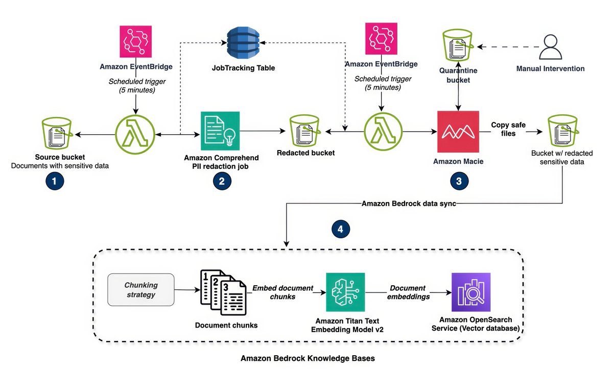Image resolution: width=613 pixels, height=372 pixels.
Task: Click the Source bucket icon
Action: coord(57,133)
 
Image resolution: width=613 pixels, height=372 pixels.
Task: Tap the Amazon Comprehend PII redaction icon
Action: coord(220,131)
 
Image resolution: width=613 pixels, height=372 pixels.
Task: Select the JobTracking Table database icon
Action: coord(243,43)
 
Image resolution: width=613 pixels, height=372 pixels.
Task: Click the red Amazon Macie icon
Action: coord(458,132)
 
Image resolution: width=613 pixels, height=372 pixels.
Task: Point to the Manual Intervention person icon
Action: coord(551,47)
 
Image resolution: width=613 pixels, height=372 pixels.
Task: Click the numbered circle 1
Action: coord(55,181)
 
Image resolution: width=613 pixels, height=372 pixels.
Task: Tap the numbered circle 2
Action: coord(222,181)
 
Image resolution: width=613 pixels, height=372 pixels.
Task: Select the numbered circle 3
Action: coord(459,181)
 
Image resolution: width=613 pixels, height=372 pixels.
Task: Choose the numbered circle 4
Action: coord(340,229)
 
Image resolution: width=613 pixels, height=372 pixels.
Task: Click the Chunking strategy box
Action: coord(141,290)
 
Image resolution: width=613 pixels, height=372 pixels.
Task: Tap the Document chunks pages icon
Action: coord(223,292)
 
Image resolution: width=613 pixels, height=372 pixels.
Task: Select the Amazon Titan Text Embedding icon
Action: coord(345,292)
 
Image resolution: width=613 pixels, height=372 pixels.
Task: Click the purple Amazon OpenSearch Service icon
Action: coord(471,292)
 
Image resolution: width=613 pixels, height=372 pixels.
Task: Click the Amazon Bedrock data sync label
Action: coord(409,204)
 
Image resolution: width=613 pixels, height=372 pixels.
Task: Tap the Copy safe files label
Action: coord(508,129)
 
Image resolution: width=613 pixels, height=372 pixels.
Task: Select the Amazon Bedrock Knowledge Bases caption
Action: coord(308,358)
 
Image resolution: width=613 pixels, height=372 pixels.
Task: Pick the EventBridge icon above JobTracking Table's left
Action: coord(136,41)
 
